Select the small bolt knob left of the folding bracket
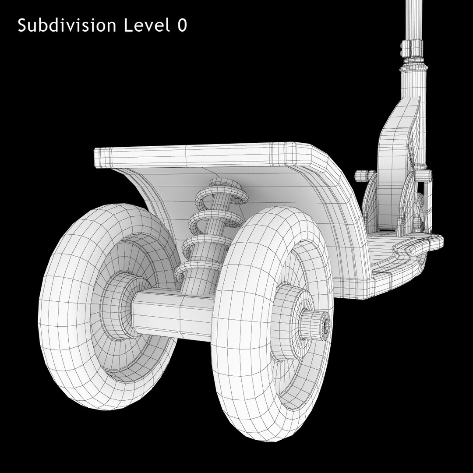(x=362, y=176)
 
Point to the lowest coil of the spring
(x=197, y=272)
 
